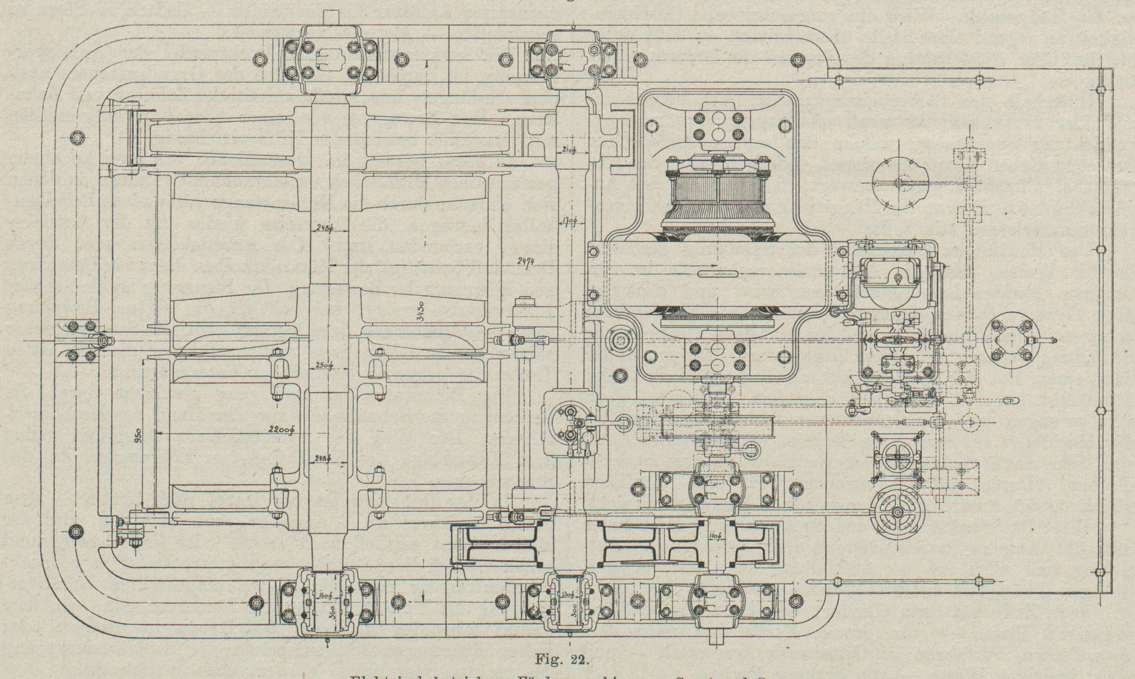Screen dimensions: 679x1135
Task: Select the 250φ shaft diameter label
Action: pos(323,365)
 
